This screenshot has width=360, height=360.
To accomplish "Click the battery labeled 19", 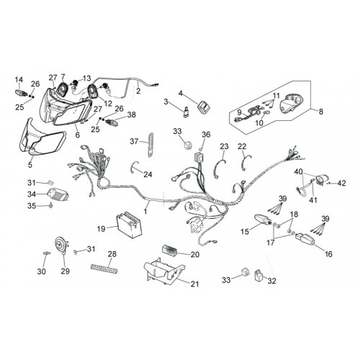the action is click(129, 224).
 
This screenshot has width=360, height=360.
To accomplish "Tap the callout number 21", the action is click(194, 284).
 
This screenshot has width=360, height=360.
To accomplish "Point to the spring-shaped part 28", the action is click(104, 269).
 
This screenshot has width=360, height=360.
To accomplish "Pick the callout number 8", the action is click(321, 112).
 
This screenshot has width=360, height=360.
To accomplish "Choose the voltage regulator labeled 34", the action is click(58, 194).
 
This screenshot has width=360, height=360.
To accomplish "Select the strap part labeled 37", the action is click(150, 145).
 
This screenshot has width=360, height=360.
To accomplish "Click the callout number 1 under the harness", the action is click(145, 211).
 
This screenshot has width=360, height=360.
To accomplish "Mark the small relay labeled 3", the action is click(186, 112).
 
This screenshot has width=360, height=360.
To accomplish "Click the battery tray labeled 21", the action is click(164, 271).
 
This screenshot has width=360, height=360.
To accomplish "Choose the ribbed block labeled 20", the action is click(169, 250).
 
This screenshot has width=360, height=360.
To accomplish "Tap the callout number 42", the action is click(342, 184).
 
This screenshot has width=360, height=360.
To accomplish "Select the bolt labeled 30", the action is click(47, 253).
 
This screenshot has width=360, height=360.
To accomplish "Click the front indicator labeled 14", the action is click(21, 92).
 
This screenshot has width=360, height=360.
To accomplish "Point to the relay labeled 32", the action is click(258, 274).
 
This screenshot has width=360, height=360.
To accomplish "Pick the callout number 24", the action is click(148, 174).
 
